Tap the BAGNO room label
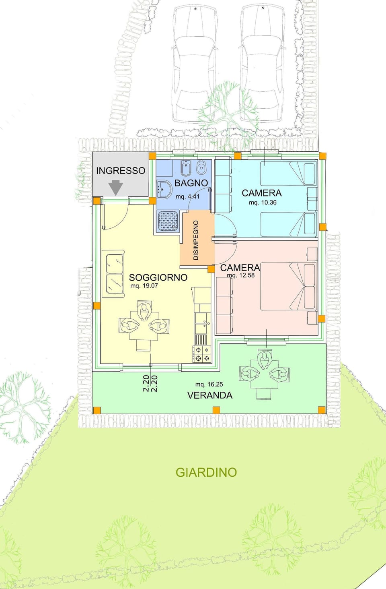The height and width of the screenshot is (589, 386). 191,183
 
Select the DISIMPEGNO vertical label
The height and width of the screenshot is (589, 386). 196,240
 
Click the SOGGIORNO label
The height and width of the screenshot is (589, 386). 158,277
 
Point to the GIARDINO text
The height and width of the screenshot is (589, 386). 206,472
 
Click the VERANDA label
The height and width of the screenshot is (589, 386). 210,395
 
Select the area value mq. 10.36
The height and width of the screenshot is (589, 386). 263,203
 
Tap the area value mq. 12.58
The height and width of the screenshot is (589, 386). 241,275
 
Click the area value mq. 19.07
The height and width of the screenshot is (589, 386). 144,286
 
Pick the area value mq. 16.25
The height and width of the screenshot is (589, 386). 209,384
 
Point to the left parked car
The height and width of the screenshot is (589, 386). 195,64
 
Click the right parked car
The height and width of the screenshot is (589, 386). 261,64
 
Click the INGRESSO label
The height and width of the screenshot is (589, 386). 121,171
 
